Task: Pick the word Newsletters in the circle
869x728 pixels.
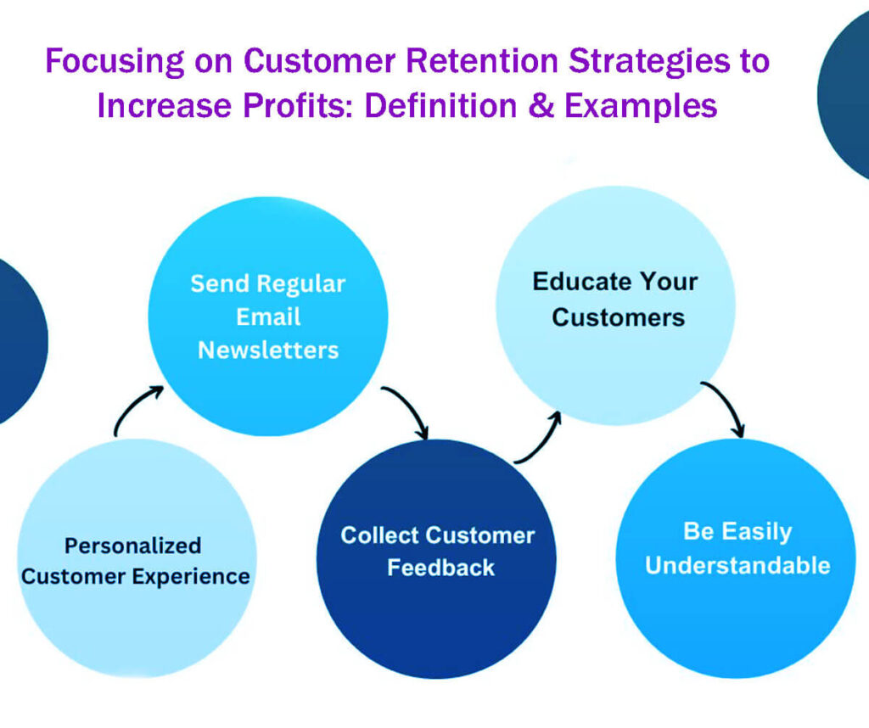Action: (x=268, y=350)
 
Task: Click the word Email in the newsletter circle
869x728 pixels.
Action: (x=268, y=316)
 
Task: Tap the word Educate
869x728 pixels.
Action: (x=574, y=282)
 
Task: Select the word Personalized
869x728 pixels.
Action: (x=133, y=546)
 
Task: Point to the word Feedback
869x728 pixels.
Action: (x=440, y=568)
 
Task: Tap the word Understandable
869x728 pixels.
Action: (x=737, y=565)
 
